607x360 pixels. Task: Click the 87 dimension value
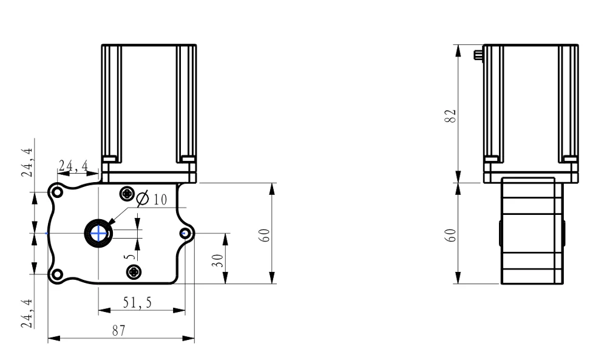(x=119, y=331)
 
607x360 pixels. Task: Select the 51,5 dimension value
(x=137, y=302)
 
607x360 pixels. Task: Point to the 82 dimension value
(x=450, y=116)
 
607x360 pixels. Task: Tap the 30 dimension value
(x=217, y=260)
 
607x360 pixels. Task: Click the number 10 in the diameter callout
(x=160, y=200)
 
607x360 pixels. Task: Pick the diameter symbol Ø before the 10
(x=143, y=198)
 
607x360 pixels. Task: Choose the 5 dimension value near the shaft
(x=131, y=256)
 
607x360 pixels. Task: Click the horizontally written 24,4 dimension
(x=73, y=166)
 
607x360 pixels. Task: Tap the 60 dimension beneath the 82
(x=450, y=236)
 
